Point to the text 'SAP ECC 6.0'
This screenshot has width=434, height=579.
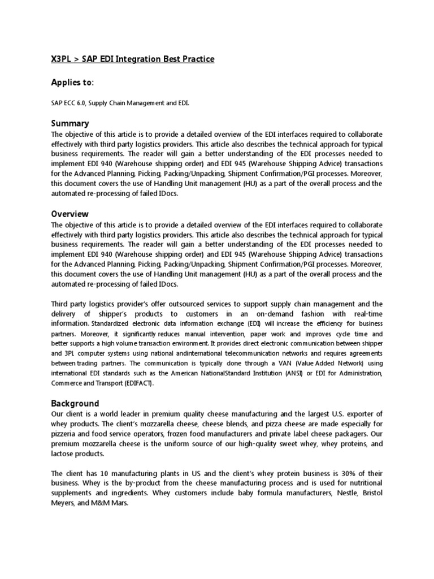70,103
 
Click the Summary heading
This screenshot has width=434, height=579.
70,123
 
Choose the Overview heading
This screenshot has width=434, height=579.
70,214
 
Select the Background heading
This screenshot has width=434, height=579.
75,403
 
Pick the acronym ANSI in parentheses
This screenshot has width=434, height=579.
294,373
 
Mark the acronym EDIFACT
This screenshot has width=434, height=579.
137,383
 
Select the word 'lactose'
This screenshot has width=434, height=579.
63,454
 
